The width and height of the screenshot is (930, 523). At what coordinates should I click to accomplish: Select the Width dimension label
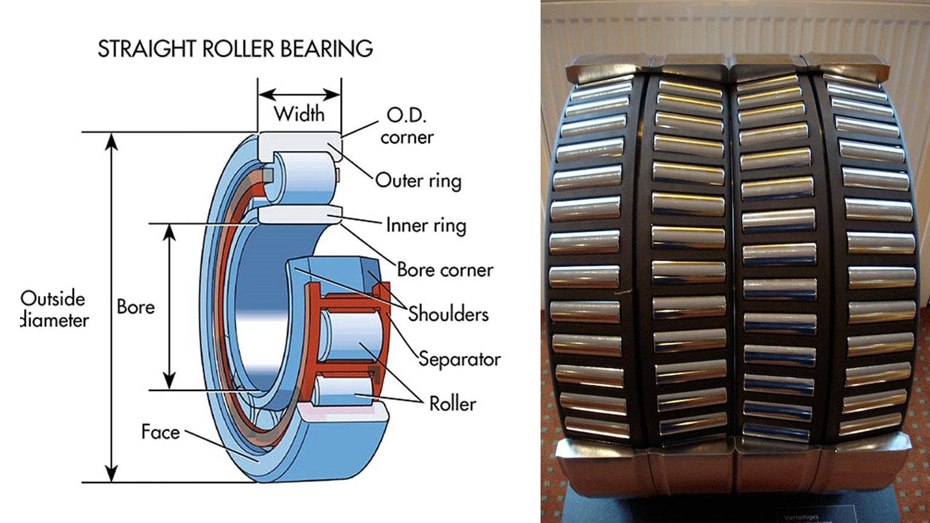(299, 114)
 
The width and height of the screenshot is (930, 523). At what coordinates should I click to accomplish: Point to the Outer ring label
(418, 180)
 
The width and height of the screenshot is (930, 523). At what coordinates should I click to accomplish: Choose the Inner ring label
(426, 225)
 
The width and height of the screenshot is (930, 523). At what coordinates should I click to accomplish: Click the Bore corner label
(445, 270)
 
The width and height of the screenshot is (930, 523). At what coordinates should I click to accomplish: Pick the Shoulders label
(448, 314)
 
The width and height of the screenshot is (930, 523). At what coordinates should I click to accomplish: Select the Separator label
(460, 359)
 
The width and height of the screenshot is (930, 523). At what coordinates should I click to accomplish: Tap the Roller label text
(452, 404)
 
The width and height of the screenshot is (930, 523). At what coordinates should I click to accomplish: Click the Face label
(160, 432)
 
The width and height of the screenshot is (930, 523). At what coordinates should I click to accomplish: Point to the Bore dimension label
(136, 307)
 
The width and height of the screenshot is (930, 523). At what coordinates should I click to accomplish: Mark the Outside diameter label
(54, 309)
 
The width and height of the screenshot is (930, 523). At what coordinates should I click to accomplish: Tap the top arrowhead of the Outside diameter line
(111, 140)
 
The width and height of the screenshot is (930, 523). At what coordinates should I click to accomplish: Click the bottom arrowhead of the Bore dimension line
(170, 381)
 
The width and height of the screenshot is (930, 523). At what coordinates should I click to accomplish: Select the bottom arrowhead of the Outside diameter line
(111, 474)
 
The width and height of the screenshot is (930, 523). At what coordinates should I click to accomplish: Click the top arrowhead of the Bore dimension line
(170, 232)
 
